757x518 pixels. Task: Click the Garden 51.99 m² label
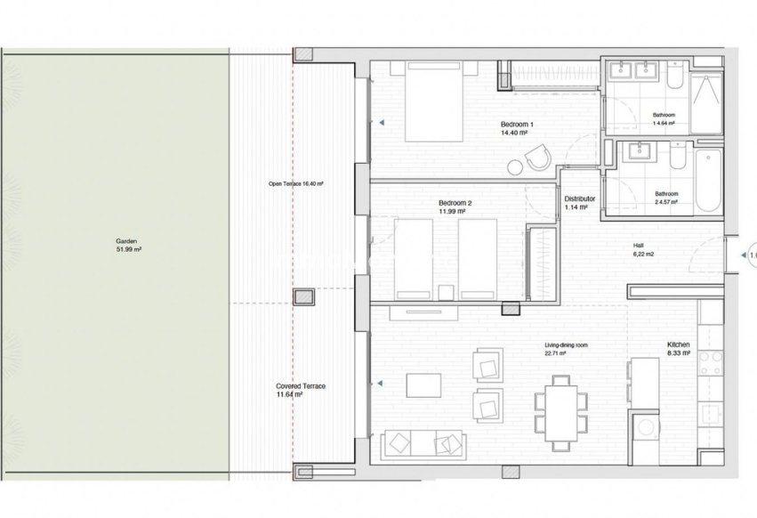128,246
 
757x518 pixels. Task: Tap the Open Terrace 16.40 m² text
296,184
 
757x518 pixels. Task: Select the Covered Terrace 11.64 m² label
300,389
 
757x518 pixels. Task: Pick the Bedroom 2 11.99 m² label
455,207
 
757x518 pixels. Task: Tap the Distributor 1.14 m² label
579,203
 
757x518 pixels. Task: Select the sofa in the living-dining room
423,442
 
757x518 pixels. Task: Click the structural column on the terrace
304,298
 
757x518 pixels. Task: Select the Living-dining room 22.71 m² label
568,348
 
